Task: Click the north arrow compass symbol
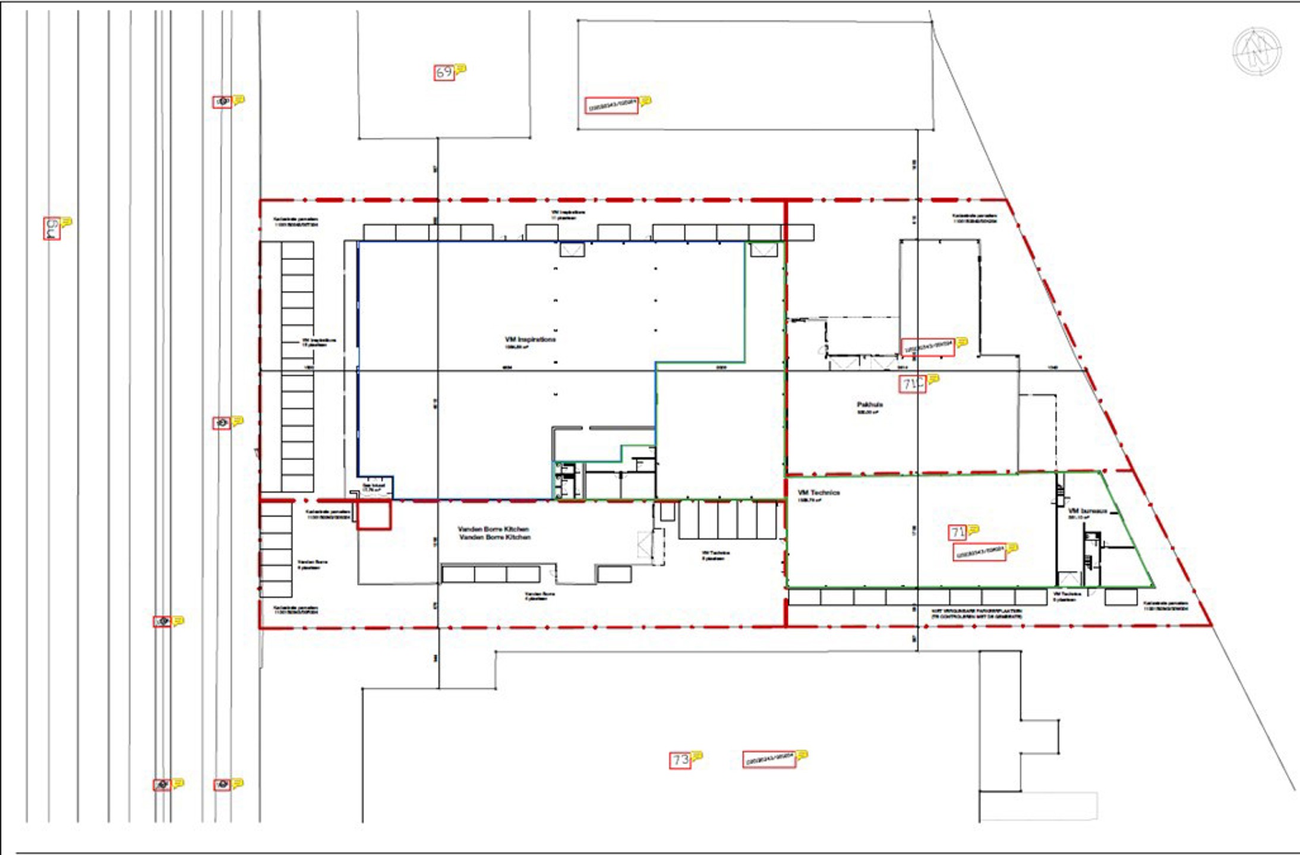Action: click(1256, 52)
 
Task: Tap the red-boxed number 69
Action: click(444, 72)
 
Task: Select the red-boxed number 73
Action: click(680, 760)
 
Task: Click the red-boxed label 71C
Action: click(912, 384)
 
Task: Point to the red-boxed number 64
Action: click(52, 229)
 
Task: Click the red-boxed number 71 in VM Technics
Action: click(957, 533)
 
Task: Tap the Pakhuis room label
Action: click(869, 406)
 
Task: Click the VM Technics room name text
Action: click(818, 493)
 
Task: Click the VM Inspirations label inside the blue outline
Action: click(530, 340)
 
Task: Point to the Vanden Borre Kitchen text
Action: click(493, 533)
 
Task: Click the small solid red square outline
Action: click(374, 515)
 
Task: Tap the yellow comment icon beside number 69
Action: click(460, 69)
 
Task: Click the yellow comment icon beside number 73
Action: click(697, 756)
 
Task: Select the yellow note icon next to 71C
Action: click(933, 378)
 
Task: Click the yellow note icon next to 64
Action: click(67, 221)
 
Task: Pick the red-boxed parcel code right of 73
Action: click(769, 759)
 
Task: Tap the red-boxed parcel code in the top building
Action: click(611, 106)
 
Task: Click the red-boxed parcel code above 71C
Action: click(927, 347)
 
